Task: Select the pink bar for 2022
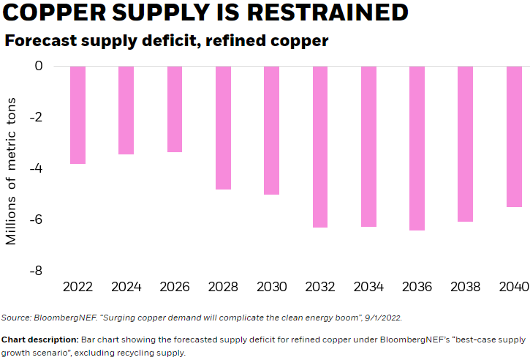77,115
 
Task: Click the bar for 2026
174,109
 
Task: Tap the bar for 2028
223,128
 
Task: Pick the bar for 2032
319,147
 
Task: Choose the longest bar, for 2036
417,149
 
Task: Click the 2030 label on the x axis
271,286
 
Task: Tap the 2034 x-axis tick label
368,286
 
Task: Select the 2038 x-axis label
466,286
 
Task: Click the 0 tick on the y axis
39,67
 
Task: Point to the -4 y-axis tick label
34,168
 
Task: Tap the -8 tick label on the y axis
34,271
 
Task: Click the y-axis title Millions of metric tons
12,168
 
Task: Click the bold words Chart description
38,340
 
